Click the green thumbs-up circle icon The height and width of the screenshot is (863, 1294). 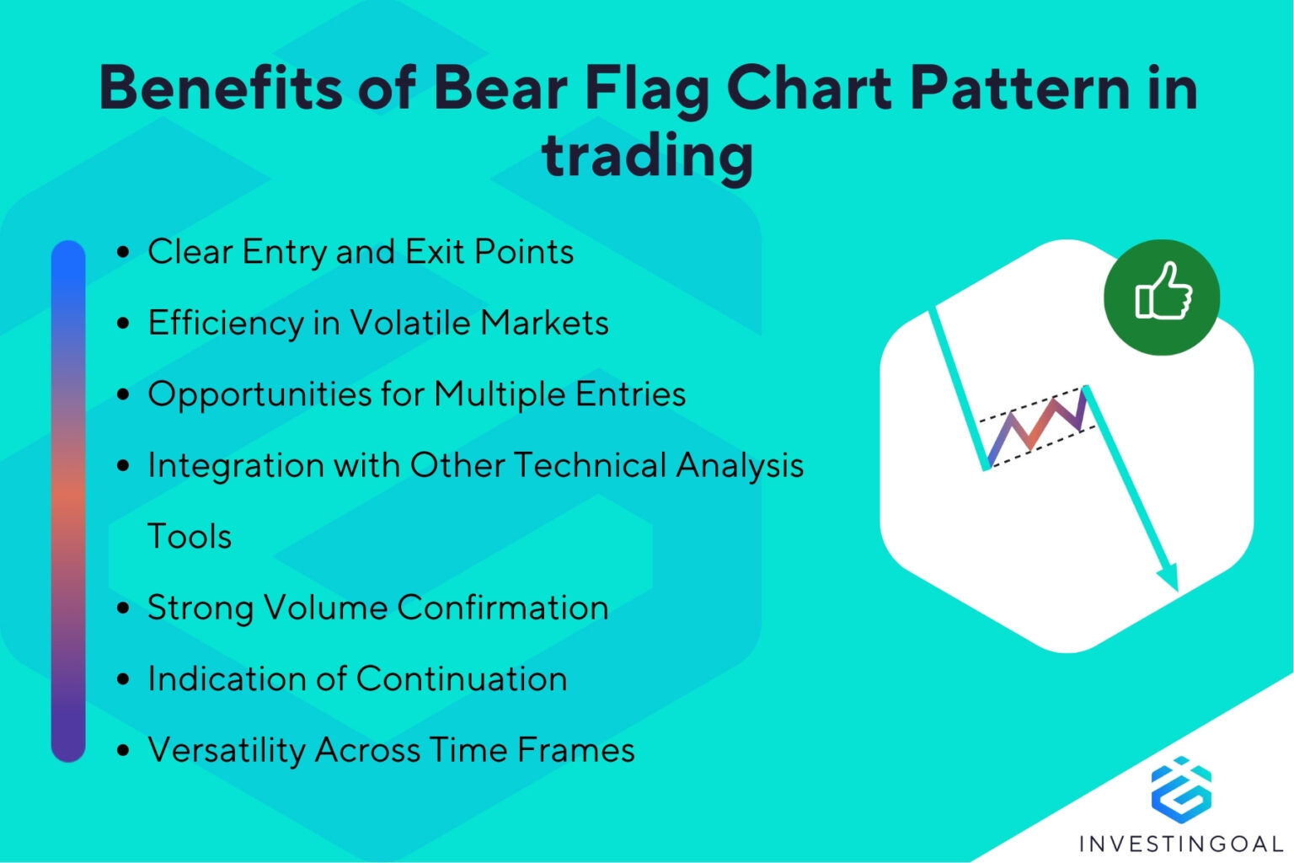coord(1162,297)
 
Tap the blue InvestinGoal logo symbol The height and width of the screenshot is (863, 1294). coord(1180,789)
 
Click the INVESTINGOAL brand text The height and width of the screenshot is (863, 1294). coord(1180,843)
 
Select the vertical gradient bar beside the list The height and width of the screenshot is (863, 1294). coord(68,501)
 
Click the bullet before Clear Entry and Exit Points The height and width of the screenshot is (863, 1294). coord(124,252)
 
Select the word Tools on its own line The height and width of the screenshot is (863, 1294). coord(190,536)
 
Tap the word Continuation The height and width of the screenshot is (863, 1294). coord(462,678)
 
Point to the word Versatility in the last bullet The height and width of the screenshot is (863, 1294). coord(226,750)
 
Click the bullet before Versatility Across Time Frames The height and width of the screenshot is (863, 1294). coord(124,750)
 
